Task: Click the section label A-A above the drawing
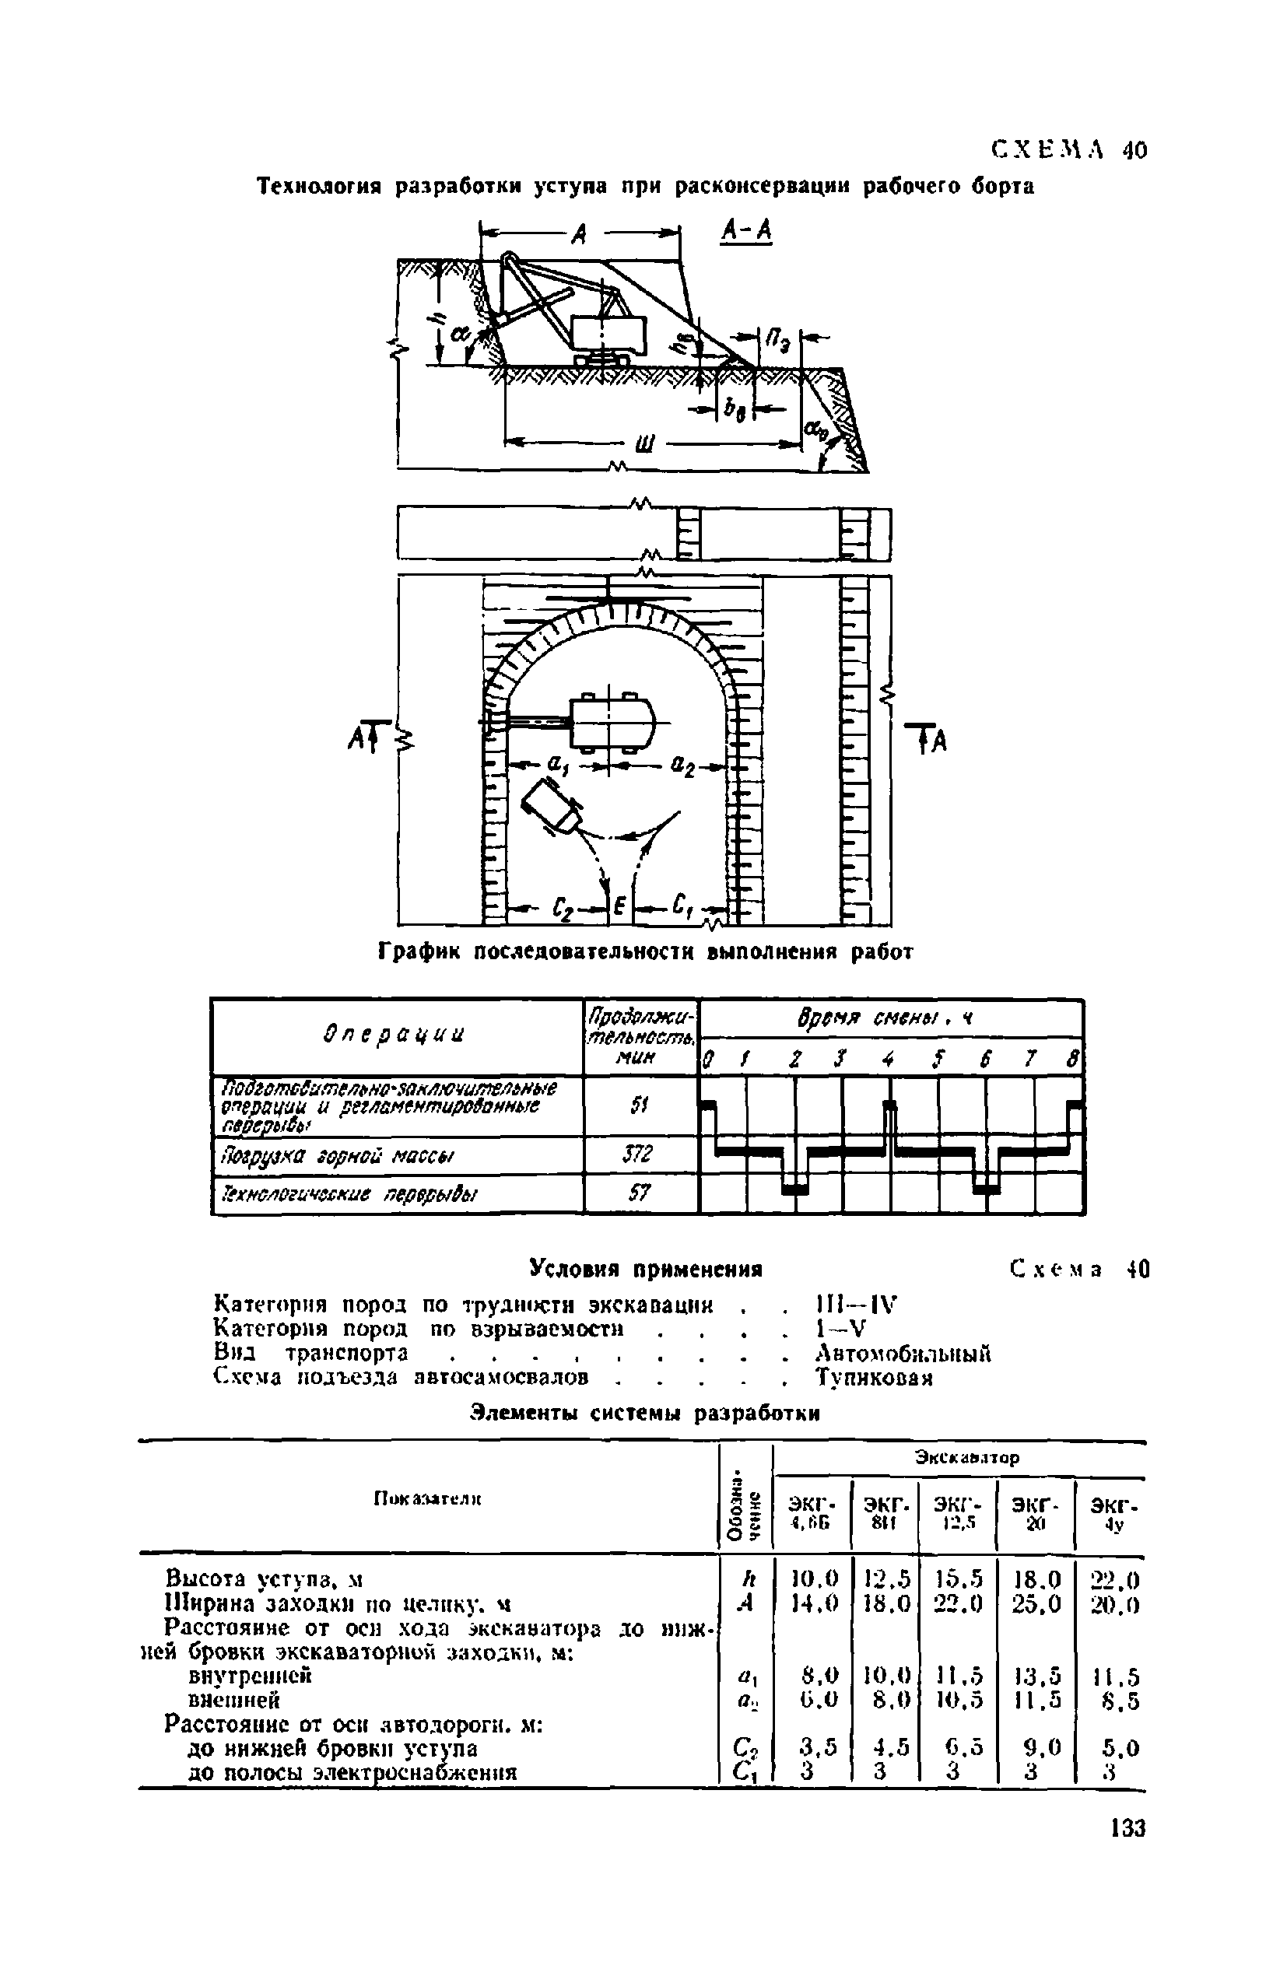pos(745,232)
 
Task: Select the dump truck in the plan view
pos(550,804)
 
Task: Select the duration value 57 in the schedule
pos(639,1194)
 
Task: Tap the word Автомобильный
pos(903,1354)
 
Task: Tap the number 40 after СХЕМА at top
pos(1134,150)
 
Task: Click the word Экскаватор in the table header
pos(966,1457)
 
